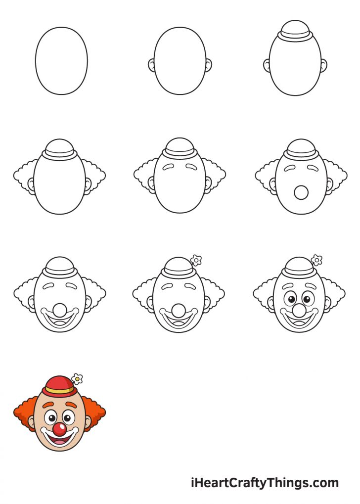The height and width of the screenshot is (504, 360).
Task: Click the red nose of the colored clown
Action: pyautogui.click(x=59, y=428)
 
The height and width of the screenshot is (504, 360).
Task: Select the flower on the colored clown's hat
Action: pyautogui.click(x=77, y=379)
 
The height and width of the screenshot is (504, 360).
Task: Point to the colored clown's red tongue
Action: pyautogui.click(x=59, y=441)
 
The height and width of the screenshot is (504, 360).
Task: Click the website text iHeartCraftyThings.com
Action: pyautogui.click(x=265, y=483)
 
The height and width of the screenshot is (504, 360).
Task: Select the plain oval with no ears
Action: pyautogui.click(x=61, y=61)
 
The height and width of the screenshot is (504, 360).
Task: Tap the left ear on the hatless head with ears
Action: pyautogui.click(x=151, y=65)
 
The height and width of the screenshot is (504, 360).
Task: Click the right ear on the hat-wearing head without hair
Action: pyautogui.click(x=324, y=65)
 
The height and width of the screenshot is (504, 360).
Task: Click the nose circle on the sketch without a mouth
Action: pyautogui.click(x=300, y=192)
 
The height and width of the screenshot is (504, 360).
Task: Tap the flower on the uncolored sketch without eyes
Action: pyautogui.click(x=196, y=260)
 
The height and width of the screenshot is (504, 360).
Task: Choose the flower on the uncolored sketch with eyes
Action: pyautogui.click(x=317, y=259)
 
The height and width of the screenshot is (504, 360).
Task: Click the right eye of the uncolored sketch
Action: pyautogui.click(x=307, y=299)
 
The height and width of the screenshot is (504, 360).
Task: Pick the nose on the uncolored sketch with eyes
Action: pyautogui.click(x=300, y=310)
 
